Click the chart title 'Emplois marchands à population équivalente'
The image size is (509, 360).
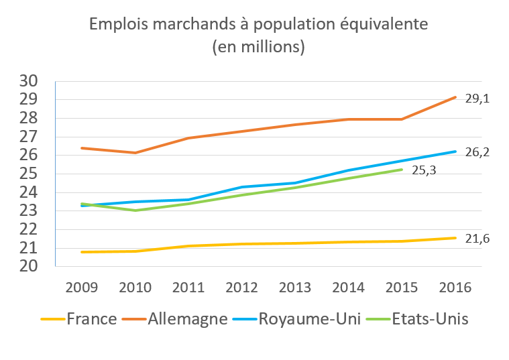[x=258, y=25]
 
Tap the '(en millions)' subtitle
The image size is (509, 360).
[x=258, y=47]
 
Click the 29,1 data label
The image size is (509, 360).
[x=477, y=99]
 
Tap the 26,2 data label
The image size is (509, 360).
[x=477, y=152]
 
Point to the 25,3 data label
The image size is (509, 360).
[x=423, y=170]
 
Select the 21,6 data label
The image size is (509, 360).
[x=477, y=239]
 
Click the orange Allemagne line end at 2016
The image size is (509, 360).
[x=456, y=97]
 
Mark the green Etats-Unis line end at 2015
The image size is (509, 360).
[x=402, y=170]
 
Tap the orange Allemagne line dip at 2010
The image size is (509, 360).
[x=135, y=153]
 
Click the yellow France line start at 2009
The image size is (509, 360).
[x=81, y=252]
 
